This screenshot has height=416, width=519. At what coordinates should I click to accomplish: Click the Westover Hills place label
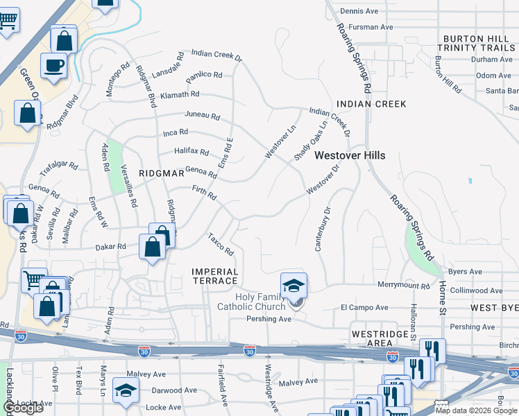pos(350,156)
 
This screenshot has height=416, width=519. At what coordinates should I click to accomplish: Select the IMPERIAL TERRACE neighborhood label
pos(215,276)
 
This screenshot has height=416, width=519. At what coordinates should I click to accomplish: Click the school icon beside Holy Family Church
pos(293,286)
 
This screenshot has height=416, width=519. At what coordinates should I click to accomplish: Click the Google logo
pos(23,408)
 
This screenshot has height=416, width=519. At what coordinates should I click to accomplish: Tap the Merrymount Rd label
pos(404,285)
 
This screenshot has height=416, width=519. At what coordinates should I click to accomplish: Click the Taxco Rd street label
pos(221,243)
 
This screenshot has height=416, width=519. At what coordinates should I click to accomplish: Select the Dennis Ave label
pos(359,11)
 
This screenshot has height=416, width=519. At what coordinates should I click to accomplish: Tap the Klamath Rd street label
pos(179,94)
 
